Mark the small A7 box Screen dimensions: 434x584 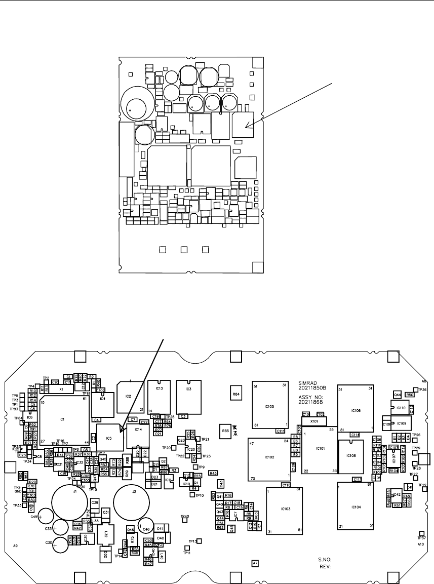pos(255,563)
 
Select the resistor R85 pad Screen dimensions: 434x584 pos(225,431)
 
